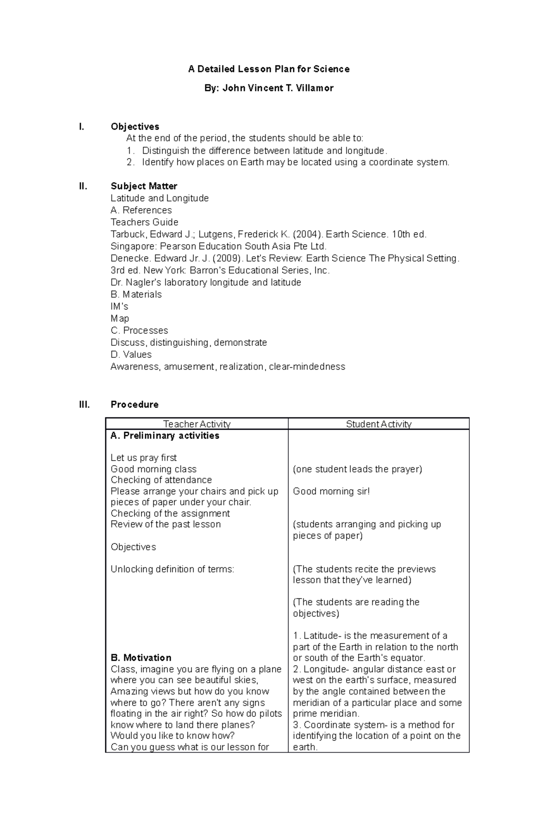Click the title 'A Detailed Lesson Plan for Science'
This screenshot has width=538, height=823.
click(x=269, y=69)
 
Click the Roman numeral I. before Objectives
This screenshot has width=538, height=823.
click(x=81, y=127)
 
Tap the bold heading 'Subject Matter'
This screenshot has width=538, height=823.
click(x=144, y=186)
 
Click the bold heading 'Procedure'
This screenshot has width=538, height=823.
click(x=134, y=405)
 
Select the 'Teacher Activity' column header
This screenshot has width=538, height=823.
click(x=197, y=424)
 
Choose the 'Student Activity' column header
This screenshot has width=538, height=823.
click(x=378, y=424)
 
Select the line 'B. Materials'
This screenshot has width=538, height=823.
click(x=136, y=295)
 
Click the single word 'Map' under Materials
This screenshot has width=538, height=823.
click(x=120, y=318)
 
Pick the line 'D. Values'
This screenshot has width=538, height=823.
click(x=131, y=355)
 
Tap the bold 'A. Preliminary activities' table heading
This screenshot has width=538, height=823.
click(x=165, y=436)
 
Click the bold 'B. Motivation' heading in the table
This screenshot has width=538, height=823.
click(x=141, y=658)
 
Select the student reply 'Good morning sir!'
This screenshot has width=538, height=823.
click(x=331, y=491)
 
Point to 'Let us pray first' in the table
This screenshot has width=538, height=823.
click(x=143, y=458)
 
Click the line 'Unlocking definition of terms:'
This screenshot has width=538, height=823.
click(x=172, y=569)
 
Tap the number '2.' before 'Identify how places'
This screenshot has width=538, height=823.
click(x=130, y=162)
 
